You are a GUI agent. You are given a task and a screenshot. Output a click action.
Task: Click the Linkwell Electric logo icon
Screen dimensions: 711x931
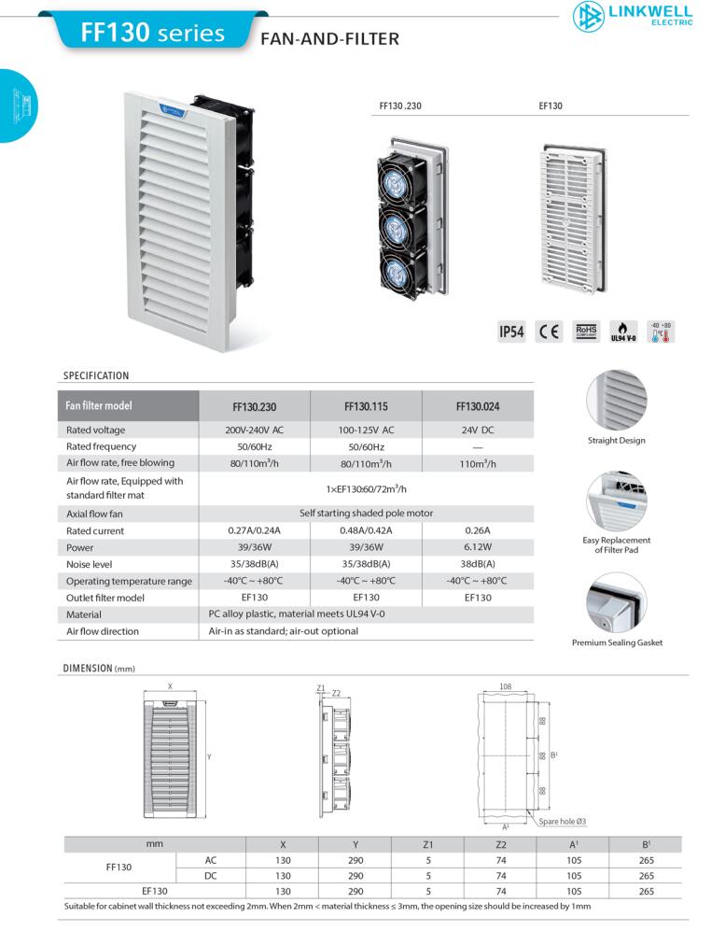(x=588, y=17)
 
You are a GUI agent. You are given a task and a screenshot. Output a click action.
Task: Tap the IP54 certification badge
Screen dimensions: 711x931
(x=511, y=331)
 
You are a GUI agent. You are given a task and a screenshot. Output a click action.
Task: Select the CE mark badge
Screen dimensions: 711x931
(x=549, y=331)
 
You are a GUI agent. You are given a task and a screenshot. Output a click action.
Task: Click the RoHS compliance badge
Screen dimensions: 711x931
(x=586, y=331)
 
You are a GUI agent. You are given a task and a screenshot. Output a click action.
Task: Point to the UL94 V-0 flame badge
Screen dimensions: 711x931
(x=623, y=331)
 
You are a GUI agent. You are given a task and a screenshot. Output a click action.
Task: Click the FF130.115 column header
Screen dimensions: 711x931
(x=366, y=407)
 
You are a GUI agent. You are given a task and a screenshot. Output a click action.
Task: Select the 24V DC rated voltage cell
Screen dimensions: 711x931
(x=478, y=430)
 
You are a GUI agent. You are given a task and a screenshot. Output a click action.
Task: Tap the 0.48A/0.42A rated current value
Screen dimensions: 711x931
(x=366, y=530)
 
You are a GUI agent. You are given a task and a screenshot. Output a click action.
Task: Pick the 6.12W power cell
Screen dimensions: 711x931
(x=478, y=547)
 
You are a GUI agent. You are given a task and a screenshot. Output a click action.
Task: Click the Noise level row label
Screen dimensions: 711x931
(x=89, y=564)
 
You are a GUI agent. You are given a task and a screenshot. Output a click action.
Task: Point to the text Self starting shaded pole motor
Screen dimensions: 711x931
(x=366, y=513)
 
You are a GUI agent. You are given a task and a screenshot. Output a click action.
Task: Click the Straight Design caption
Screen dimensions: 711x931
(x=616, y=441)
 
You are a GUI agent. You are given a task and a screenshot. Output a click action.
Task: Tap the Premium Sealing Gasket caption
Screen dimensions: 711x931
(x=618, y=642)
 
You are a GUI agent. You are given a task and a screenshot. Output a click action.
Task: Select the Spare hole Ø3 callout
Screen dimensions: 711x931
(x=562, y=821)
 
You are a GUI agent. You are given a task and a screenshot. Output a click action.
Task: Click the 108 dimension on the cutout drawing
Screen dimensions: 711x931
(x=505, y=686)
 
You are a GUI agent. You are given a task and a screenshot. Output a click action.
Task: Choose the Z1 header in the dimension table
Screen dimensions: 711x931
(x=428, y=844)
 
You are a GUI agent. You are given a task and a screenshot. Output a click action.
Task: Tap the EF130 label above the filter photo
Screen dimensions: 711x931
(x=551, y=106)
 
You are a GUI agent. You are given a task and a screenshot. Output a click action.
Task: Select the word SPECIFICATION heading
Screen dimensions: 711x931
(x=96, y=375)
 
